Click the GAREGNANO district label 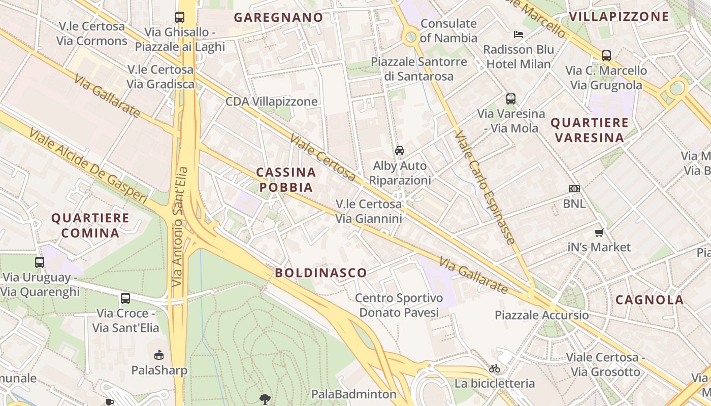coord(278,17)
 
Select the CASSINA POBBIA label coord(286,180)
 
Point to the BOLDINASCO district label coord(321,273)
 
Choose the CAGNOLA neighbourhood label coord(650,299)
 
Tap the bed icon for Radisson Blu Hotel coord(518,35)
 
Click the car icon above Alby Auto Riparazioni coord(400,151)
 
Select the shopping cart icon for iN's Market coord(599,233)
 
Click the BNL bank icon coord(574,189)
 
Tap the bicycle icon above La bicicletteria coord(495,368)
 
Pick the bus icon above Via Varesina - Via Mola coord(510,99)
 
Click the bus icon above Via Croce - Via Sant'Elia coord(125,298)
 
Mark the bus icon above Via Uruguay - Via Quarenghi coord(40,262)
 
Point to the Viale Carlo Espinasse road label coord(485,188)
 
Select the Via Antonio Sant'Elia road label coord(180,226)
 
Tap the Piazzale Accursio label coord(542,315)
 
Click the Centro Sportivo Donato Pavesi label coord(399,305)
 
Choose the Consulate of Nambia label coord(449,30)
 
